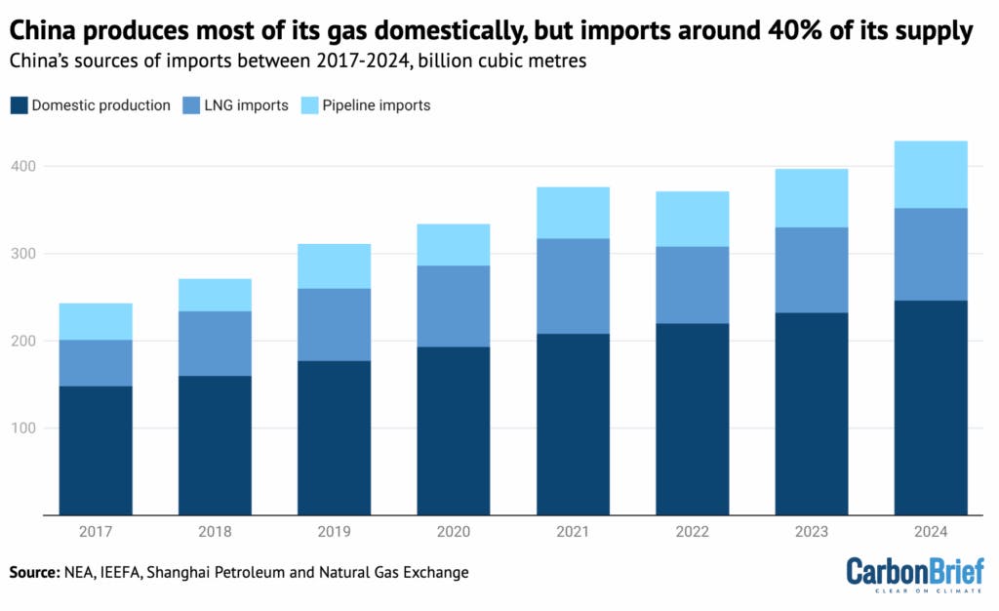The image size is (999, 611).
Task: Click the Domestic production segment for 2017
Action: [96, 450]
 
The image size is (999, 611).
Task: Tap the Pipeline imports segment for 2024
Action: [931, 175]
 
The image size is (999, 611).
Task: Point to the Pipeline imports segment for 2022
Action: [692, 219]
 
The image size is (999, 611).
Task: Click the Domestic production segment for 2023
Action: [812, 414]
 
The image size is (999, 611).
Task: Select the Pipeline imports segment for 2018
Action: [215, 295]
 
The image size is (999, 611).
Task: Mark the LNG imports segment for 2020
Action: [454, 305]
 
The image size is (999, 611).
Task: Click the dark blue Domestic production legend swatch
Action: [19, 105]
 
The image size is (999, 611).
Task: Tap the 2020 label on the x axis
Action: [454, 532]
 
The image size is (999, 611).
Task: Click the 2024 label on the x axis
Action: [931, 532]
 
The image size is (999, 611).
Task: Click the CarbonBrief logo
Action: [914, 575]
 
